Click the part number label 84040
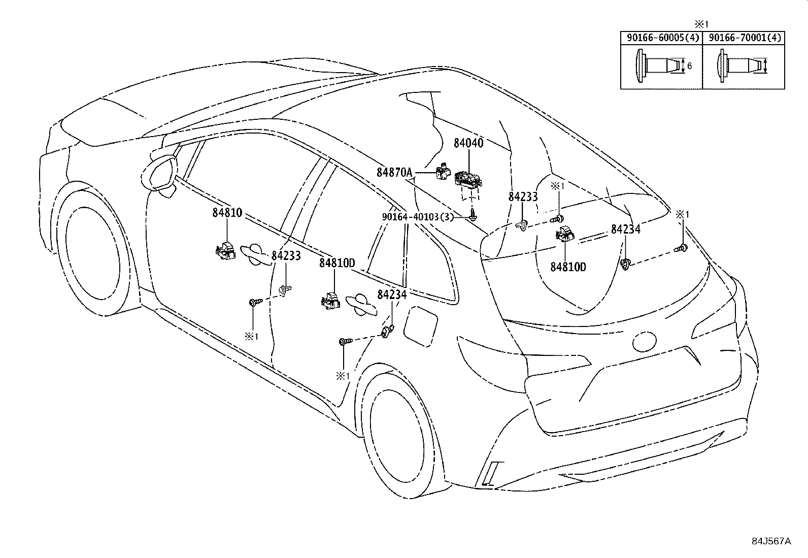tap(468, 143)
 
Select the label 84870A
tap(394, 173)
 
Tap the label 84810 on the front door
tap(227, 213)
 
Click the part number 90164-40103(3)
tap(418, 217)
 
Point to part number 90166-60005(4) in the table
tap(663, 38)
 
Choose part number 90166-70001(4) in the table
tap(745, 38)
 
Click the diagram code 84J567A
tap(771, 541)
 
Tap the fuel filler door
tap(421, 326)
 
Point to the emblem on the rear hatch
tap(645, 340)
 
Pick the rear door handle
tap(361, 305)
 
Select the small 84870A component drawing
tap(443, 172)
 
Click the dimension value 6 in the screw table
tap(690, 66)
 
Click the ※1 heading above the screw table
tap(701, 24)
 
